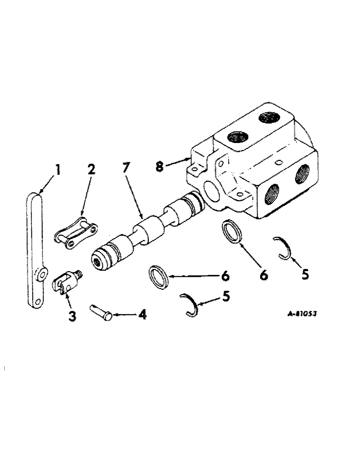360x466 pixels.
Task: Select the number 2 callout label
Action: tap(91, 169)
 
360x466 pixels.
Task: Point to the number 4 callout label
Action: tap(142, 315)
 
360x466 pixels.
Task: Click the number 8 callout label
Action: tap(160, 166)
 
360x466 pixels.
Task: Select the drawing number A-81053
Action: tap(302, 314)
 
